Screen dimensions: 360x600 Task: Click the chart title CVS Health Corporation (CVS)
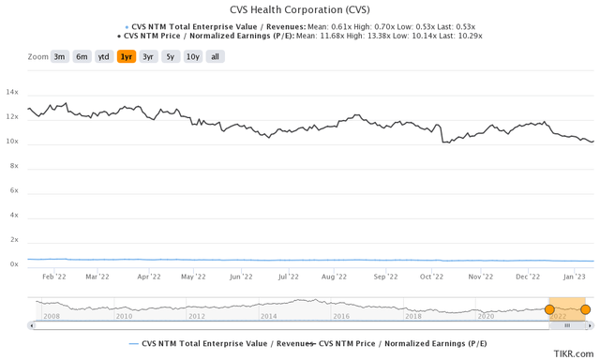[299, 10]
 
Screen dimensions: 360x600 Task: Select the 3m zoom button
[59, 56]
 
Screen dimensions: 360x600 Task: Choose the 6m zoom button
[82, 56]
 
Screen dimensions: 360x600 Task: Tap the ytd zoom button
[104, 56]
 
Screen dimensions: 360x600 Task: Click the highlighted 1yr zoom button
[126, 56]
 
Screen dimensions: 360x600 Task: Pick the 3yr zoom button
[148, 56]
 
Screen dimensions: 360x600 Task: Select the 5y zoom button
[170, 56]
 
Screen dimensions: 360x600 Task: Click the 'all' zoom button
[215, 56]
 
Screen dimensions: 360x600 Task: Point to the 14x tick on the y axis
[12, 93]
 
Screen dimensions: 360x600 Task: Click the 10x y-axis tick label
[12, 142]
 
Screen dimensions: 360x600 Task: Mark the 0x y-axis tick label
[14, 264]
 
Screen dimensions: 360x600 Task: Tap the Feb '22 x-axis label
[53, 277]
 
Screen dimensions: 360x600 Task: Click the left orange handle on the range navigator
[549, 309]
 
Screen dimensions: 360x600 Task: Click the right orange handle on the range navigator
[585, 309]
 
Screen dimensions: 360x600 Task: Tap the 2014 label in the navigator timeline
[269, 316]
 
